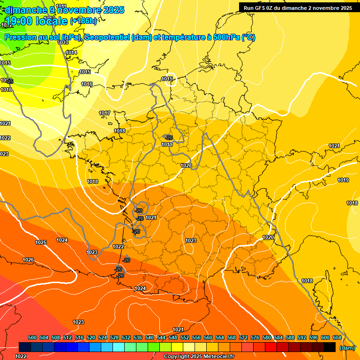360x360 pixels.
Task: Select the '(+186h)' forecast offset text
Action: click(x=83, y=21)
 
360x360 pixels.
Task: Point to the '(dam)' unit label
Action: click(x=347, y=348)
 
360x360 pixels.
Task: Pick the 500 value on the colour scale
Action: click(x=32, y=338)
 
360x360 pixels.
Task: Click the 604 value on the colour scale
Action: click(x=337, y=338)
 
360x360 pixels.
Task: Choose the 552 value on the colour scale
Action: click(x=185, y=338)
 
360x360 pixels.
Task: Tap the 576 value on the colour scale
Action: click(x=255, y=338)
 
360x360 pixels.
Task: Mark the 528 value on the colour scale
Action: click(x=114, y=338)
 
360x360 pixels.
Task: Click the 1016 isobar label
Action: click(x=87, y=84)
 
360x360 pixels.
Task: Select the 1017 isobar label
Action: click(x=105, y=113)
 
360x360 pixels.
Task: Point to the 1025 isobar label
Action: click(x=41, y=242)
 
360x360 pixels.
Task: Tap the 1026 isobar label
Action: click(x=28, y=260)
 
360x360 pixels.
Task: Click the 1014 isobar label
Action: click(x=71, y=53)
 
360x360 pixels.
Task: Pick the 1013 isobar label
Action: click(x=63, y=43)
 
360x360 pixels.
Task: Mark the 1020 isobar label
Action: click(x=268, y=238)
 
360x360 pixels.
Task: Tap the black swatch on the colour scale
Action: click(x=330, y=347)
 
